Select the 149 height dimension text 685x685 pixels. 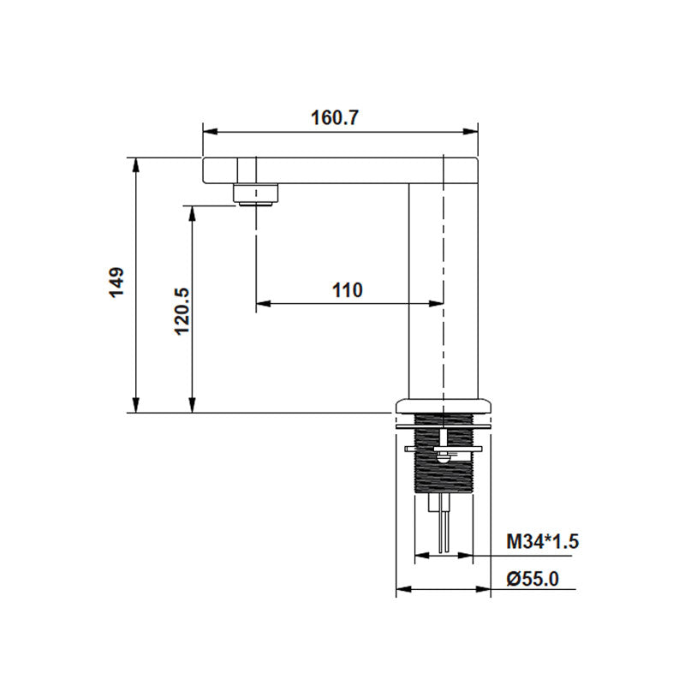click(117, 283)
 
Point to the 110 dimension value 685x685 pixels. click(348, 289)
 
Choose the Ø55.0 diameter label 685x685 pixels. click(533, 579)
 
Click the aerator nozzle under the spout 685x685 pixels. click(256, 195)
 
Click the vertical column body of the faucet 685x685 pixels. click(426, 291)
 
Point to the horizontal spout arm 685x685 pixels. click(342, 170)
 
